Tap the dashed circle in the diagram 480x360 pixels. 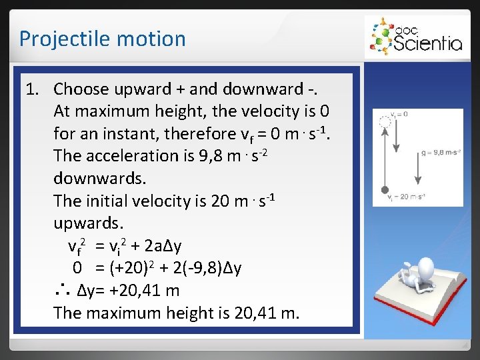(x=384, y=122)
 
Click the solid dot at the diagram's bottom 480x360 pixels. (x=384, y=190)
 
